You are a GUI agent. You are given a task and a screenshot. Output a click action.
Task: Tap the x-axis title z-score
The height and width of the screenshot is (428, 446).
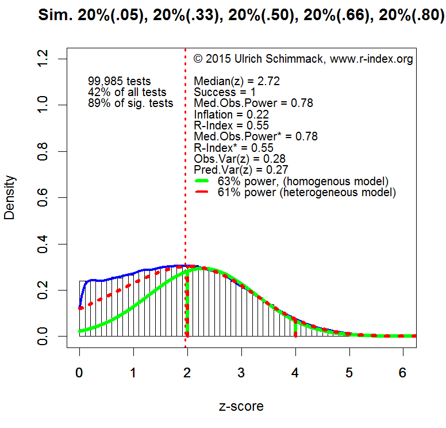point(241,406)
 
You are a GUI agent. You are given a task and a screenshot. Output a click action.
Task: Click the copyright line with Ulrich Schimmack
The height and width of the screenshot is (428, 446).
point(303,59)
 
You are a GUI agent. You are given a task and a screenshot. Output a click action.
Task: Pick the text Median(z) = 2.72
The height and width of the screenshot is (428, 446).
point(237,82)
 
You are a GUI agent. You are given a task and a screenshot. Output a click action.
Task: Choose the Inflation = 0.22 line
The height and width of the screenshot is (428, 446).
point(232,114)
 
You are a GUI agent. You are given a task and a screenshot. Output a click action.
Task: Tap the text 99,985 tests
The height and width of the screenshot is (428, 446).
point(119,82)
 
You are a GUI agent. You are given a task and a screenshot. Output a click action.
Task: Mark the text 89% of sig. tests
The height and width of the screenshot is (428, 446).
point(130,104)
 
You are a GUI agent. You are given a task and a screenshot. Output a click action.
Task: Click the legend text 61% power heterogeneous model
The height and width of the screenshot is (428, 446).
point(307,193)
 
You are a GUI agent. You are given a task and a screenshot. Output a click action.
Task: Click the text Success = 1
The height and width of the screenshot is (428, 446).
point(225,93)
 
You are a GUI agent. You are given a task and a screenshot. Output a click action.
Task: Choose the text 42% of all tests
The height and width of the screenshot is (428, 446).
point(127,93)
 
